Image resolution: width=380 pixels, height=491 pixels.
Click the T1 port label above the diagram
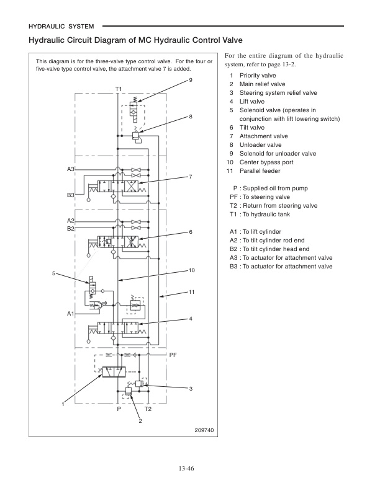(x=118, y=89)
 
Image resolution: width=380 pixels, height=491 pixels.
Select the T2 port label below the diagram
(x=148, y=410)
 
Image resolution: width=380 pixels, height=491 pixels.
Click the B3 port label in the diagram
(x=71, y=195)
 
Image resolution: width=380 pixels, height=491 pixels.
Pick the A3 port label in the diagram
(x=71, y=169)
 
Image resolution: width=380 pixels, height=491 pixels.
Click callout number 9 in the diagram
(x=190, y=81)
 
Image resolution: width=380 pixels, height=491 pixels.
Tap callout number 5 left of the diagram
(x=54, y=273)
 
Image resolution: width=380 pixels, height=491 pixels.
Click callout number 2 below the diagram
(x=140, y=421)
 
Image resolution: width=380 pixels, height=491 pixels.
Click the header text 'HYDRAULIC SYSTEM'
(x=61, y=27)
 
